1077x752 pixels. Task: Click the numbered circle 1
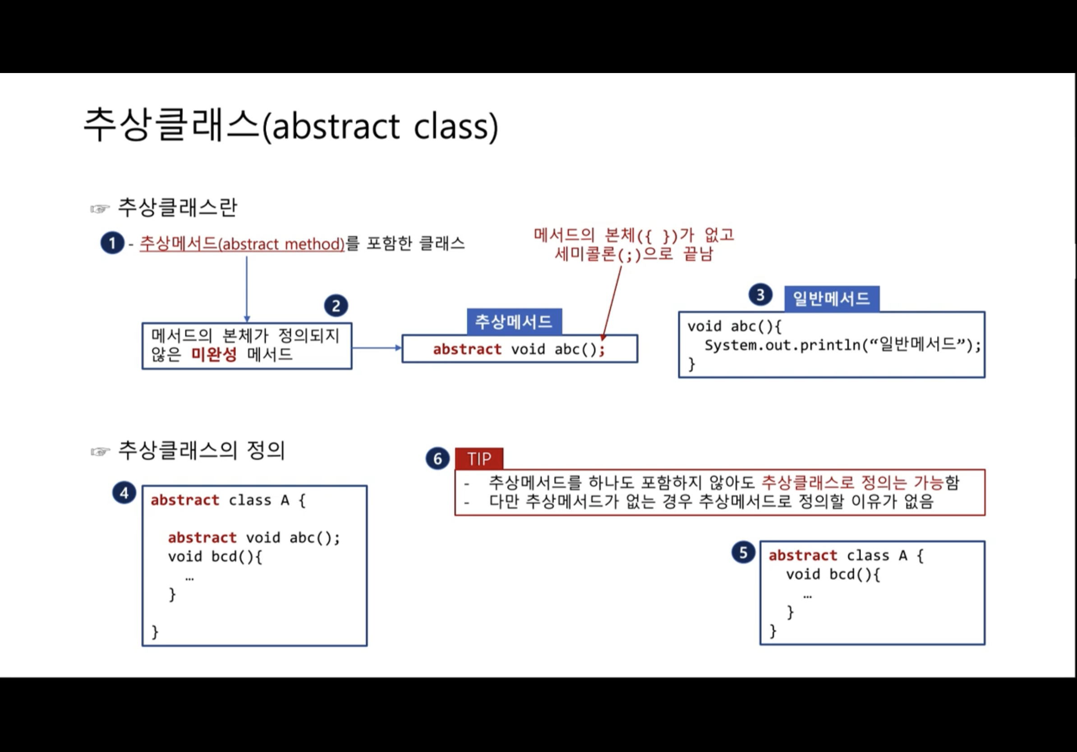[x=112, y=243]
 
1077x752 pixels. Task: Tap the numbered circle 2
[x=336, y=306]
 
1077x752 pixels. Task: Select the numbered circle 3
[x=760, y=295]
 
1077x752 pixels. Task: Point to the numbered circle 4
[x=124, y=493]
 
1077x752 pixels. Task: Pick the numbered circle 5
[x=743, y=553]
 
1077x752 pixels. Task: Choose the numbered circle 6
[x=437, y=459]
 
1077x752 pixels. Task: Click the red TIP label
[x=479, y=459]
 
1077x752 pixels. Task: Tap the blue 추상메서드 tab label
[x=514, y=321]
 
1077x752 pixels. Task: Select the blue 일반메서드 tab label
[x=831, y=298]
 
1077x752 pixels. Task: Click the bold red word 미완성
[x=214, y=354]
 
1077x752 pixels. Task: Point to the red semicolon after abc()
[x=602, y=349]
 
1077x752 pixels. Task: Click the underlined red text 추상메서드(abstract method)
[x=242, y=244]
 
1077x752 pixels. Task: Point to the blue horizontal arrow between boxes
[x=376, y=348]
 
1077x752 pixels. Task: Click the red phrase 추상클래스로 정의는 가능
[x=852, y=482]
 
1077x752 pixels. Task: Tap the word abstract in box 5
[x=803, y=555]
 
